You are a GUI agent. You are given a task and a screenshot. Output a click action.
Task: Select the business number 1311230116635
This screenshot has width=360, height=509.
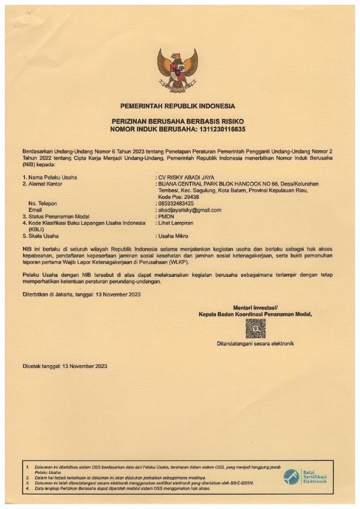pyautogui.click(x=218, y=129)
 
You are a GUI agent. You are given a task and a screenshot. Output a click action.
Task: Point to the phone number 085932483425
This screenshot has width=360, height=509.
pyautogui.click(x=176, y=204)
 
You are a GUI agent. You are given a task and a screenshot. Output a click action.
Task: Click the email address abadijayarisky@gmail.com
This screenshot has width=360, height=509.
pyautogui.click(x=189, y=210)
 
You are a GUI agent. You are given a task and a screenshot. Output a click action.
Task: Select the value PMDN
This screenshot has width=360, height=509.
pyautogui.click(x=166, y=216)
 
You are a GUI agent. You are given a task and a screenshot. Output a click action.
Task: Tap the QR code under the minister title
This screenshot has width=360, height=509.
pyautogui.click(x=255, y=328)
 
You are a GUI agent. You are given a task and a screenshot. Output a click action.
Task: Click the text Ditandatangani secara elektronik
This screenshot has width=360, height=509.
pyautogui.click(x=255, y=344)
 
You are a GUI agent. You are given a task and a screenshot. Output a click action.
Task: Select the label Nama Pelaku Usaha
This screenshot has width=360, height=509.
pyautogui.click(x=51, y=177)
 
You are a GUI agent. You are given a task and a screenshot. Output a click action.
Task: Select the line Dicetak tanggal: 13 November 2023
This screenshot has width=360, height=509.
pyautogui.click(x=65, y=366)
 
